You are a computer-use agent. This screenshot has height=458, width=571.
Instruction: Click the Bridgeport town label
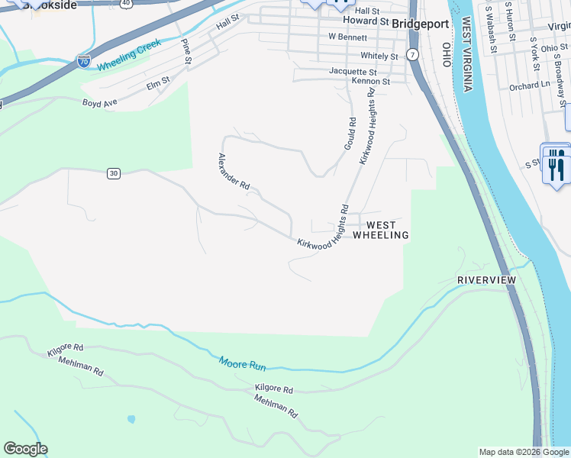point(420,24)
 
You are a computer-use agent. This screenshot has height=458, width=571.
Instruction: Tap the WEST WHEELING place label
point(381,230)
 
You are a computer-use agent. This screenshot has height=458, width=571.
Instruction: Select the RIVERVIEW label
point(486,280)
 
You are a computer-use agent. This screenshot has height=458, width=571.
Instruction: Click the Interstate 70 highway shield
point(84,61)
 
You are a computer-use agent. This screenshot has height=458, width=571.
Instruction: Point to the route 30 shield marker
point(113,173)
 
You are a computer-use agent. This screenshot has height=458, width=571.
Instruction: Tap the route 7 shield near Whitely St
point(412,55)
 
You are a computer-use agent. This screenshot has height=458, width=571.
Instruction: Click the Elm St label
point(158,84)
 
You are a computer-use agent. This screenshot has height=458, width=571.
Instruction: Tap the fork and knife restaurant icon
point(555,164)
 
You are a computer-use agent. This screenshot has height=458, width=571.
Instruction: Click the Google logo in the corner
point(25,449)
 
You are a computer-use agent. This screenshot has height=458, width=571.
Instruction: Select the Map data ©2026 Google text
point(523,452)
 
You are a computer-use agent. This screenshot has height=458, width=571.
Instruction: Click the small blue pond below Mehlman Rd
point(132,419)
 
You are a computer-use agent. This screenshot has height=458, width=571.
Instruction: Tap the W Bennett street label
point(347,37)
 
